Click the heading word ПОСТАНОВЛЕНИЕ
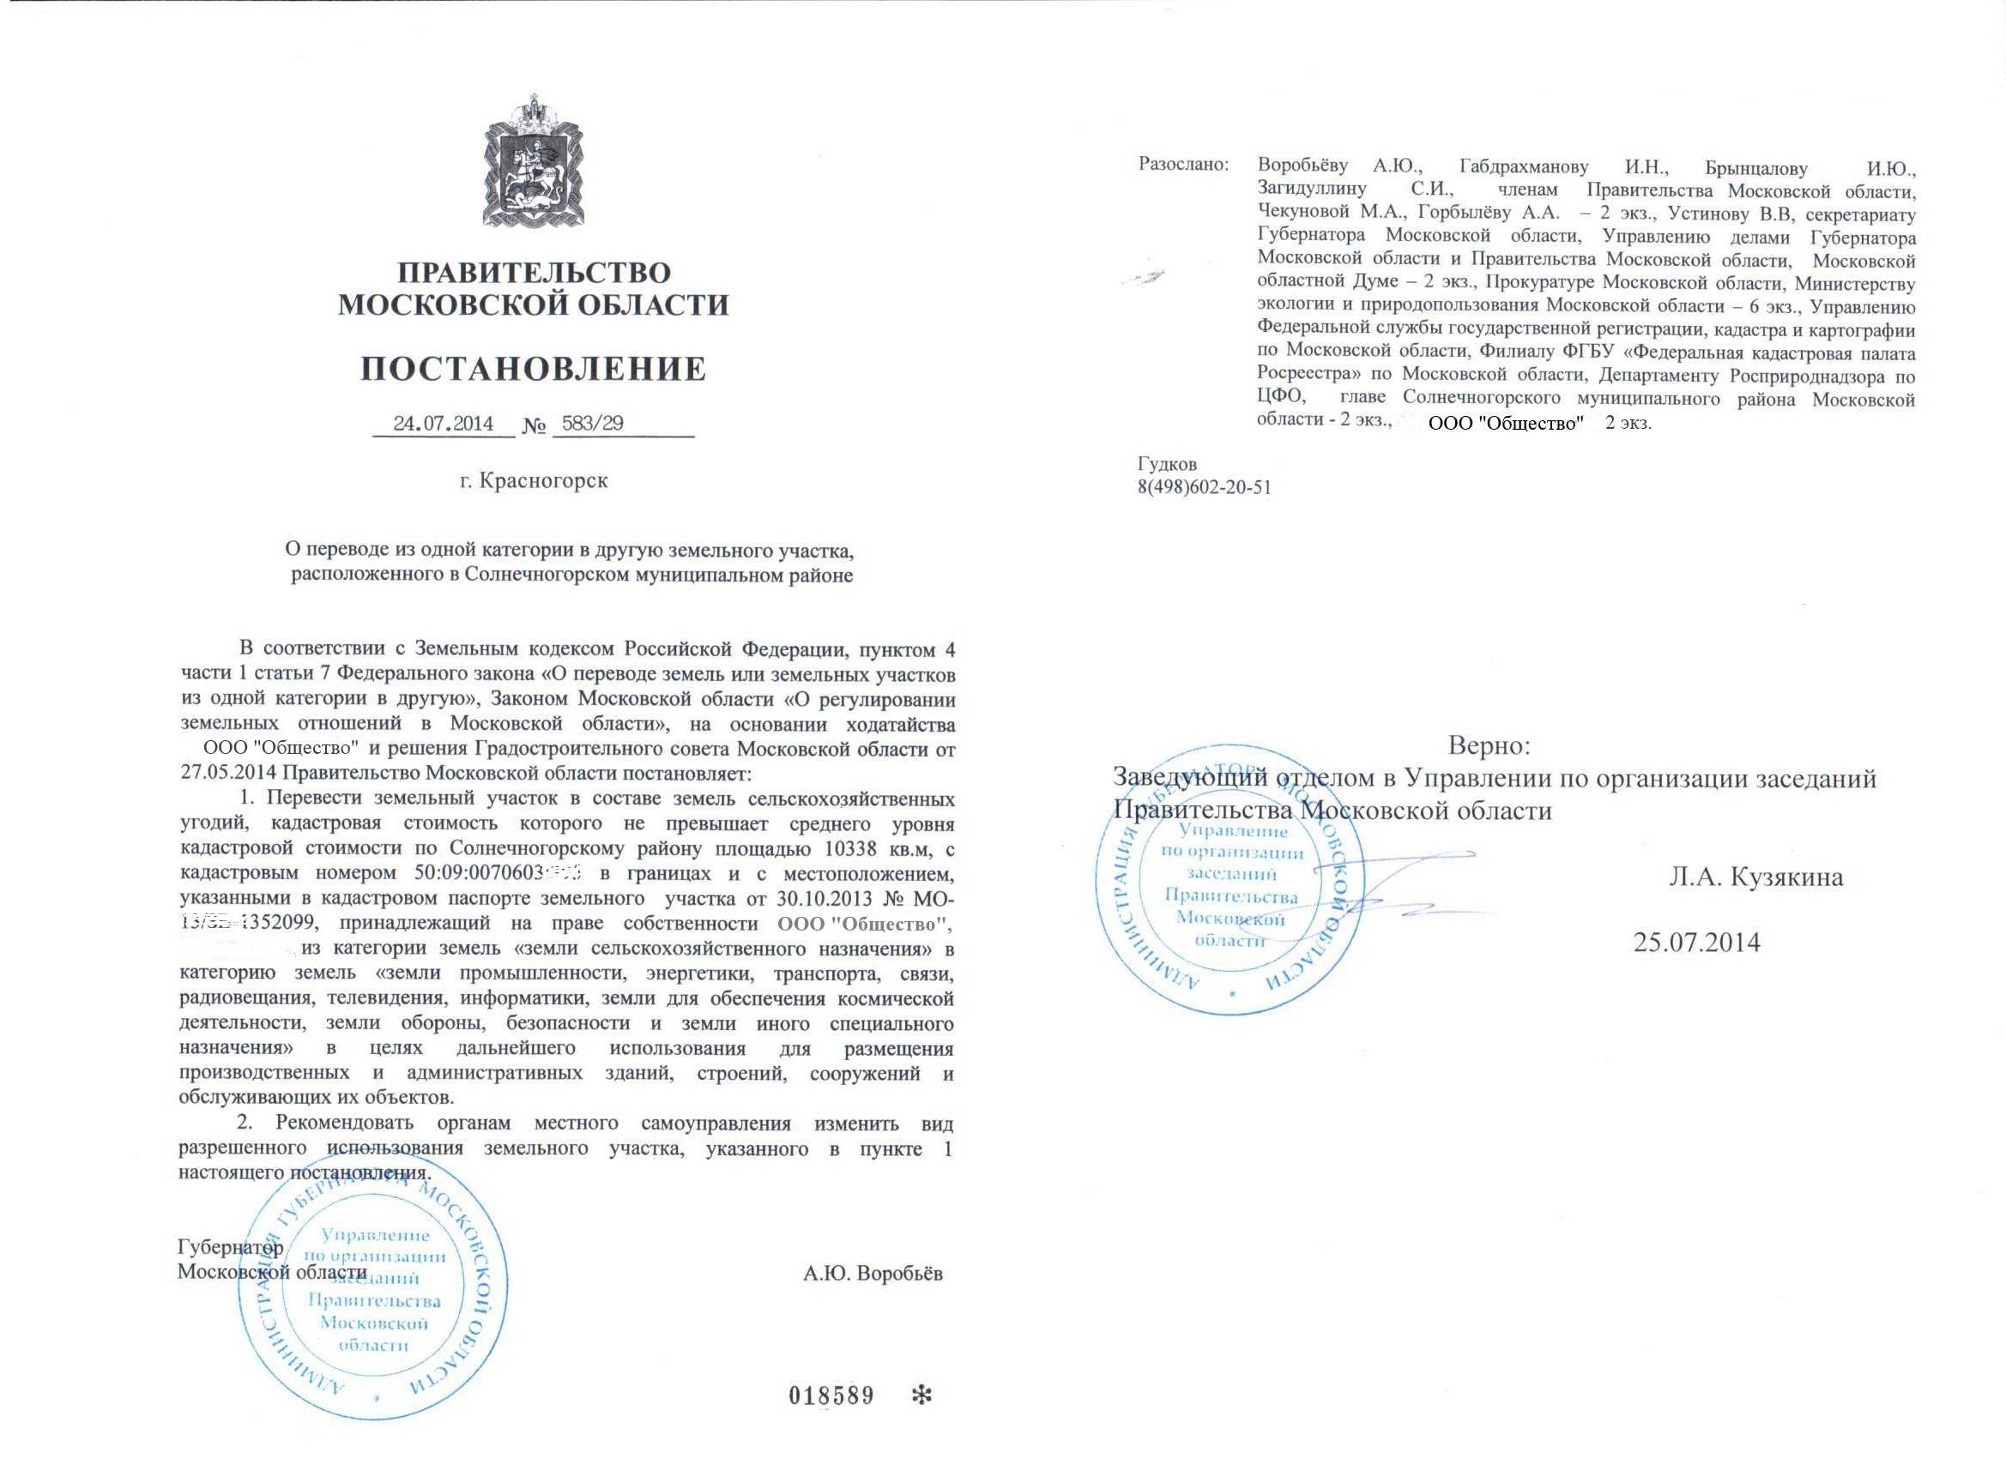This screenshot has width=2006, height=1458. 534,369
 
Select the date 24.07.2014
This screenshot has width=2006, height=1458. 443,423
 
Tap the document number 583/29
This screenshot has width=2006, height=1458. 593,423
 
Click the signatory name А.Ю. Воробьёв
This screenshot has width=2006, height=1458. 872,1274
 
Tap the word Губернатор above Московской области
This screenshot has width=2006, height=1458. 231,1248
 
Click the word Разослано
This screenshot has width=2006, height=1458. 1182,165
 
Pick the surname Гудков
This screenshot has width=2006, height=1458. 1167,464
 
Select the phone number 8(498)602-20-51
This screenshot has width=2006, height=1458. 1204,487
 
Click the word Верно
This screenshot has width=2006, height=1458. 1489,745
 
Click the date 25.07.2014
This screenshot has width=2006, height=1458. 1696,943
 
